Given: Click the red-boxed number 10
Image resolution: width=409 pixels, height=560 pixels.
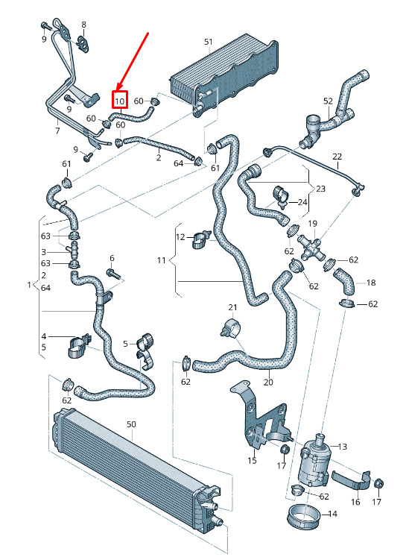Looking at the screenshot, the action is (119, 101).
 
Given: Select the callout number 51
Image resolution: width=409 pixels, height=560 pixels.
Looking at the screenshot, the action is (209, 42).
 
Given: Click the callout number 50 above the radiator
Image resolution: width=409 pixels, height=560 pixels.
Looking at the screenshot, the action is (131, 424).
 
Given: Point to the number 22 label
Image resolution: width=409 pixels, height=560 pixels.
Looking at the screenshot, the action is (337, 156).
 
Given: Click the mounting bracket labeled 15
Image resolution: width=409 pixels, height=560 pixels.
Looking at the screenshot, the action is (260, 418).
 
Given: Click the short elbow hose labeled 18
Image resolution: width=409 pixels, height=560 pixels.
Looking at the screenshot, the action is (345, 281).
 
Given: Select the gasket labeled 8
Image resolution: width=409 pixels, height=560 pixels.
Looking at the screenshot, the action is (83, 43).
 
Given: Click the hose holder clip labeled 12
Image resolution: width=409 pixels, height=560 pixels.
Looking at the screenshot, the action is (202, 239).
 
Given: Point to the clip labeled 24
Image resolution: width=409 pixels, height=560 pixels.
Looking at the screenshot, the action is (281, 196).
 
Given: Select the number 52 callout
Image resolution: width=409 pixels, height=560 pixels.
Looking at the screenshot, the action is (328, 101).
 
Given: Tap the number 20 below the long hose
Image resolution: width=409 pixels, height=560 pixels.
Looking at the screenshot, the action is (268, 382).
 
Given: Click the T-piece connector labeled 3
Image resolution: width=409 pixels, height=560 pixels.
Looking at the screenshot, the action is (74, 249).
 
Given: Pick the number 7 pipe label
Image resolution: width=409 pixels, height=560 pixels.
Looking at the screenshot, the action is (57, 130).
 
